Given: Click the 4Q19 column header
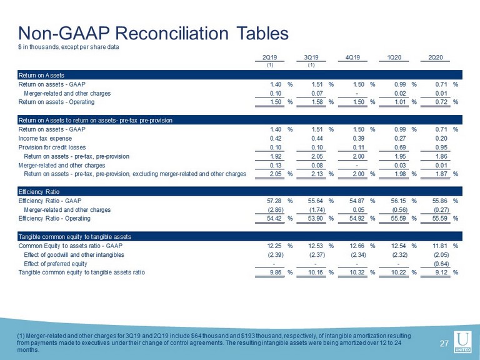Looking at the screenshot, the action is coord(352,57).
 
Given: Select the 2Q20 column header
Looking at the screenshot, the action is coord(435,57).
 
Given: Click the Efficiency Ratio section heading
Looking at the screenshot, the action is coord(39,192).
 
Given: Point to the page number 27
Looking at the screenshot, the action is coord(444,344).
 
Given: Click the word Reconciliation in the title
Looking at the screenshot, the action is coord(171,33).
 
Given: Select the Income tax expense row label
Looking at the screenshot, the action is coord(45,138).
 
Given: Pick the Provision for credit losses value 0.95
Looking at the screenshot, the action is coord(441,147).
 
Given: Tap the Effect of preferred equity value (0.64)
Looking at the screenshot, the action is coord(441,264).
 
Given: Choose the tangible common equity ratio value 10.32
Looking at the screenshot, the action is coord(358,272).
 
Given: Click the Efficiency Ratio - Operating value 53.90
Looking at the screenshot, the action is coord(316,218).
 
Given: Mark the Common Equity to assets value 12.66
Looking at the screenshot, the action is coord(358,246).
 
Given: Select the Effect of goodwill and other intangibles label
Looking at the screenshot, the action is coord(74,255).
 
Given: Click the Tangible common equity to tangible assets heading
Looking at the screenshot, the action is coord(75,237).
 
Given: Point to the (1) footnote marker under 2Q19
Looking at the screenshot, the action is coord(270,65).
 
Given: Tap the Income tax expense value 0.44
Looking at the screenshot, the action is coord(317,138).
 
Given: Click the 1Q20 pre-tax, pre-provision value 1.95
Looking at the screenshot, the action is coord(400,156).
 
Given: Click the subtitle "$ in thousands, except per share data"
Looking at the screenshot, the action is coord(69,47).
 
